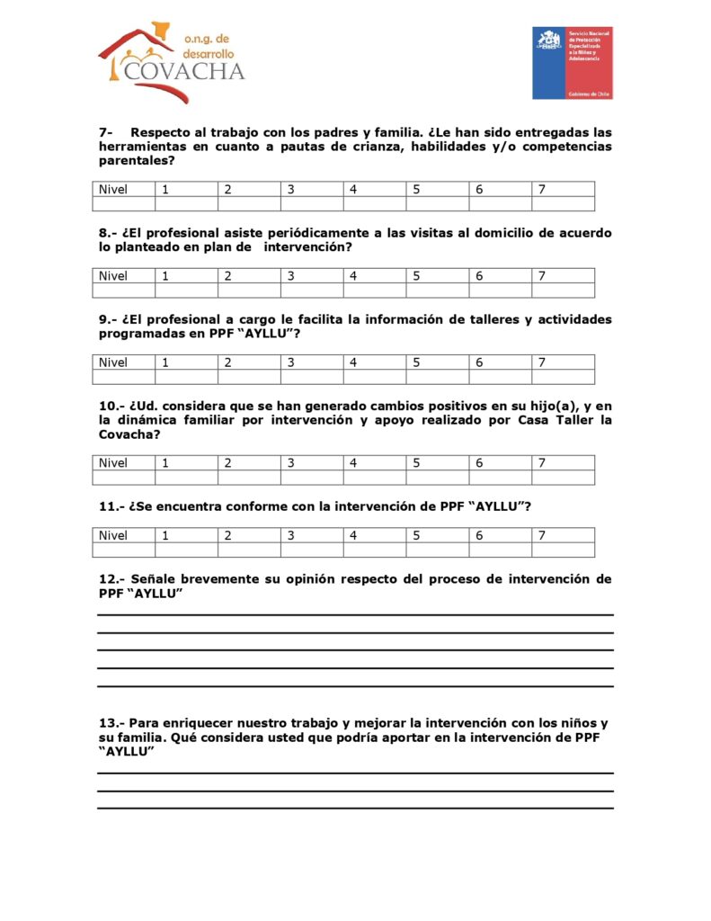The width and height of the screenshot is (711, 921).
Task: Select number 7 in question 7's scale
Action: tap(542, 189)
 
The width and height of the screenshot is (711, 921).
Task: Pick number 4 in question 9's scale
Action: tap(353, 362)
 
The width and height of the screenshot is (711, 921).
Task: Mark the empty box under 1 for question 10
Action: tap(186, 478)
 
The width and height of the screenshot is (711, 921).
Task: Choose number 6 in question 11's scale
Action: tap(479, 535)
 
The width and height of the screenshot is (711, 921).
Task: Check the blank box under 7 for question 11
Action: tap(562, 550)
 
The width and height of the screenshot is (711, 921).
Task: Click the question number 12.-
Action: tap(111, 579)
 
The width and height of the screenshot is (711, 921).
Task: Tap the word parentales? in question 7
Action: tap(137, 161)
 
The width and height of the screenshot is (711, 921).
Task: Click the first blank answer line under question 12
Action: tap(355, 614)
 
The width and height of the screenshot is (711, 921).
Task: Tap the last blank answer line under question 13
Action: tap(355, 808)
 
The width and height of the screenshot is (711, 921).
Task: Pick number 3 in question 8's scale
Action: tap(290, 276)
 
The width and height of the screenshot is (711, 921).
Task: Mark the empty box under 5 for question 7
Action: tap(437, 204)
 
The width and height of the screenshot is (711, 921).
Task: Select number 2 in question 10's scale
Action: tap(227, 463)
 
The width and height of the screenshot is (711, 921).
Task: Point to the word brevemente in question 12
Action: tap(218, 579)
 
